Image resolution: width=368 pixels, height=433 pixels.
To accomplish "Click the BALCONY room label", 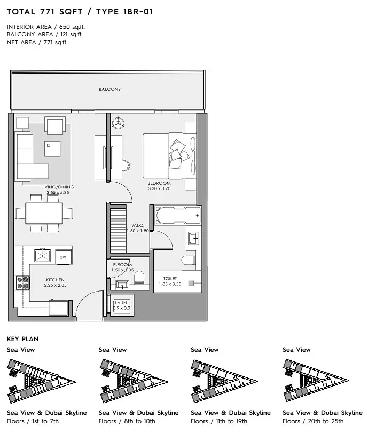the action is (x=109, y=89).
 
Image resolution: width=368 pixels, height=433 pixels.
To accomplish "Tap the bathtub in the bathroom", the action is (x=178, y=215).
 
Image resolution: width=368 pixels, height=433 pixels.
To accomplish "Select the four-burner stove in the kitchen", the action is (x=23, y=283).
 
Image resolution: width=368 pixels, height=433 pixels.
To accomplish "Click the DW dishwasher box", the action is (x=63, y=257).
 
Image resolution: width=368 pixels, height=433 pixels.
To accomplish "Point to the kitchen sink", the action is (x=43, y=255).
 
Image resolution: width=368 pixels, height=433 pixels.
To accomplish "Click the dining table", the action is (x=44, y=213).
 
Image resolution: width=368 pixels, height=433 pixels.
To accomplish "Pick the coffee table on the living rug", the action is (x=52, y=149).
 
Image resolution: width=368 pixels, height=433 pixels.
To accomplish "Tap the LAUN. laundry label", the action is (x=121, y=303).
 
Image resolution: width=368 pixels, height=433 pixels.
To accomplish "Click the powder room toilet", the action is (x=139, y=277).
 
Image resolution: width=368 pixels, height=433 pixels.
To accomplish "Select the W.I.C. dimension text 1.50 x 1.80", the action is (x=138, y=231).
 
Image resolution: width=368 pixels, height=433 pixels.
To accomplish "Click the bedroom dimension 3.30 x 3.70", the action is (x=159, y=188).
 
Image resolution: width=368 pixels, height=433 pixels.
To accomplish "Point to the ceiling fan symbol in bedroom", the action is (x=118, y=123).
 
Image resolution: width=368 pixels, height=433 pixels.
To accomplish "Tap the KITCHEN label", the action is (x=55, y=280).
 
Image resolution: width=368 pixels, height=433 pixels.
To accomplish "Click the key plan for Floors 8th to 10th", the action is (x=134, y=381).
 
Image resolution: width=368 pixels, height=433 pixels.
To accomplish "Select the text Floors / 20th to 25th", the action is (x=313, y=421).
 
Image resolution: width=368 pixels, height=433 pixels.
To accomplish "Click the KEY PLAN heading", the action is (x=22, y=339).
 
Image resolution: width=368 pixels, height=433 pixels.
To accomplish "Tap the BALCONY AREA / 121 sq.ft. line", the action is (x=45, y=35).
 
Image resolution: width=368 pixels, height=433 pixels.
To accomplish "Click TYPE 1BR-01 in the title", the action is (x=124, y=12).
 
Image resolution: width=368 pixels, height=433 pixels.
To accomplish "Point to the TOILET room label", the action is (x=170, y=279).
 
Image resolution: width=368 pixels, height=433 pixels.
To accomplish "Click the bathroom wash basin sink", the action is (x=193, y=238).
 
